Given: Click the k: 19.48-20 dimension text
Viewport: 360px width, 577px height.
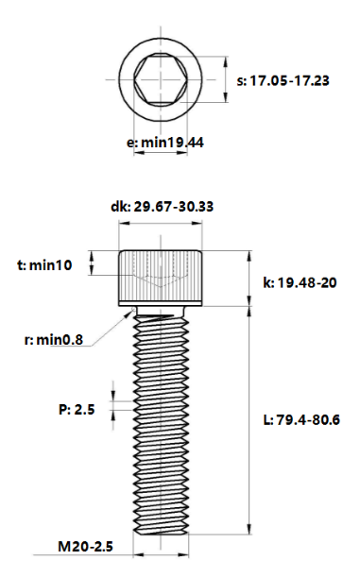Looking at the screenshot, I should click(x=298, y=281).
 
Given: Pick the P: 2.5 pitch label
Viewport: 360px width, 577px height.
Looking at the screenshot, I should click(x=77, y=409).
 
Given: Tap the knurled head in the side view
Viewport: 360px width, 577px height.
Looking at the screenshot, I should click(x=160, y=274).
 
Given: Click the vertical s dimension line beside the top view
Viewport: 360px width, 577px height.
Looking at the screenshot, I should click(x=227, y=81).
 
